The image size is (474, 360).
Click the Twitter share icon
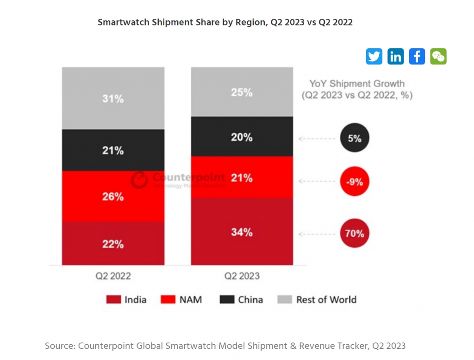(374, 57)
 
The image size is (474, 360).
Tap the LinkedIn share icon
(395, 57)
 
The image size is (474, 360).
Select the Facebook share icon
(417, 57)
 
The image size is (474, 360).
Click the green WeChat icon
(438, 57)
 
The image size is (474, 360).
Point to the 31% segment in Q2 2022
(113, 98)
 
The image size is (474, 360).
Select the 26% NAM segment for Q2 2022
(113, 196)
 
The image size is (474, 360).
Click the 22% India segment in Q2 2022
(113, 244)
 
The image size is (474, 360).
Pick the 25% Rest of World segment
(242, 92)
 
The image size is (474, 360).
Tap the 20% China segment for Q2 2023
(242, 137)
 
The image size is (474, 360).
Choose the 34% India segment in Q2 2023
(242, 232)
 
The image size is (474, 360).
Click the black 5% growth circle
(355, 138)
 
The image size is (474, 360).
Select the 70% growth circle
(355, 234)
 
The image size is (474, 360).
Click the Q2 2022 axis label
(113, 276)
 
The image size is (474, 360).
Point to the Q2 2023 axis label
(242, 276)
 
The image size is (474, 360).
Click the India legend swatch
(113, 300)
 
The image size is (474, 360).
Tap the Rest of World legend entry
(318, 300)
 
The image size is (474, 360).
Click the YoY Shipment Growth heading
(357, 84)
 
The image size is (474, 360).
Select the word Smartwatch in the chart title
(124, 22)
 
